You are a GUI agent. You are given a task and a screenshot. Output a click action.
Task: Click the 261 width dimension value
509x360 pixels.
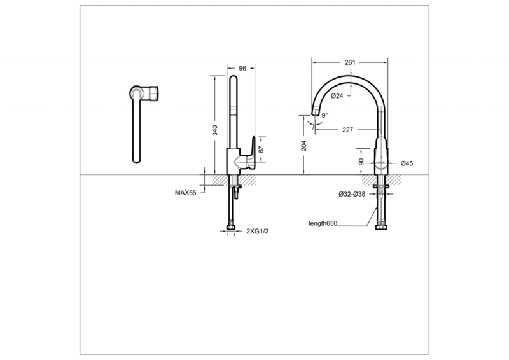point(350,62)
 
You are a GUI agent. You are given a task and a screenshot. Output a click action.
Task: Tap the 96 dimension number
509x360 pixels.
point(242,68)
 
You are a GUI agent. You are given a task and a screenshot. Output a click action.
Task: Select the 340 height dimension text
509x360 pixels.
point(214,130)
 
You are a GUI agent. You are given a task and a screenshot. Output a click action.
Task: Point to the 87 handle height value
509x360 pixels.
point(261,149)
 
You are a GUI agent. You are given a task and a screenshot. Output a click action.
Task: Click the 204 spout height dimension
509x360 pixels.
point(303,146)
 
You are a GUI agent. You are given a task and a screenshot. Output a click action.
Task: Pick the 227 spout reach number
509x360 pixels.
point(347,130)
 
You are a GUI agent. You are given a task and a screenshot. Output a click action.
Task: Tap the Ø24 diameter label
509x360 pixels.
point(337,96)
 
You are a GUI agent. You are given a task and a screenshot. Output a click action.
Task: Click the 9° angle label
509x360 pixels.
point(324,115)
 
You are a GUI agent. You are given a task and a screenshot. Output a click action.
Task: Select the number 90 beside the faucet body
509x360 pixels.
point(361,162)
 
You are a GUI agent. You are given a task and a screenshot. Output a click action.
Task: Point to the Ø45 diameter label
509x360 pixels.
point(407,163)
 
